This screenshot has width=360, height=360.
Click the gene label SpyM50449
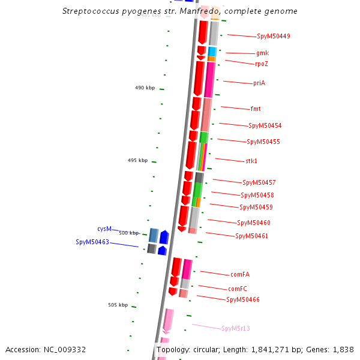273,37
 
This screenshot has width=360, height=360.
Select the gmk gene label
262,53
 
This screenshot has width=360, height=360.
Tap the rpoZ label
261,64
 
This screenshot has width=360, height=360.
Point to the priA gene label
259,83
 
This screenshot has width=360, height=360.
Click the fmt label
256,109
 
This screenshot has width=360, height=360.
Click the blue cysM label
104,229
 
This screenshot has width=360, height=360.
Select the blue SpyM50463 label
92,242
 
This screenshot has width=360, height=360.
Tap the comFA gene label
239,275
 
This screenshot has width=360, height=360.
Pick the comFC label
238,289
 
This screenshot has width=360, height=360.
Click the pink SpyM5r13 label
235,329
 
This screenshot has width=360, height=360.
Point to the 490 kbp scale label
145,88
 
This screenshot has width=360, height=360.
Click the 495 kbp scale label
137,161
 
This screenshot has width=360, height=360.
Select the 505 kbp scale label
118,305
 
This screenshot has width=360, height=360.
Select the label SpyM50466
243,300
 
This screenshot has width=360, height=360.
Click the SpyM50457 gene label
259,182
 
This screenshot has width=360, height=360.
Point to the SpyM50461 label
251,236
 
